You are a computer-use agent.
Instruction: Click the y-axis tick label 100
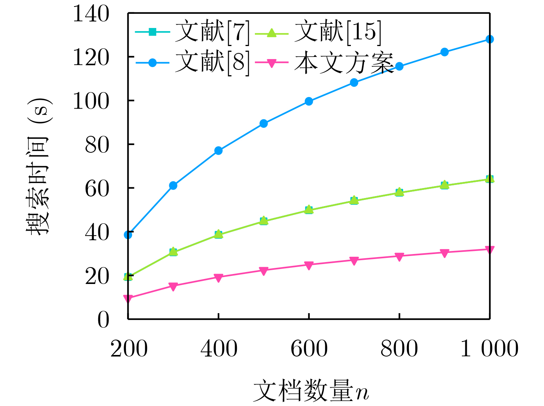click(91, 101)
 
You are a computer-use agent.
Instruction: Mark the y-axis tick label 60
click(97, 188)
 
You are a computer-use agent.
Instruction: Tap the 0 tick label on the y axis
click(103, 319)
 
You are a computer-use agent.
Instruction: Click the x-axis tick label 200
click(129, 349)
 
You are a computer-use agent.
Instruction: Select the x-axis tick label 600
click(309, 349)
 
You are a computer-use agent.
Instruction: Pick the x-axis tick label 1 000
click(489, 349)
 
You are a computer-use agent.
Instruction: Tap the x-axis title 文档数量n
click(311, 391)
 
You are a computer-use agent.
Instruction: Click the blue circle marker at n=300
click(173, 186)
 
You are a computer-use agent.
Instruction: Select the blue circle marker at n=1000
click(489, 40)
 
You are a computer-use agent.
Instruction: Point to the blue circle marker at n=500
click(263, 124)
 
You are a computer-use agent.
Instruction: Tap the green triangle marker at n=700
click(354, 200)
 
